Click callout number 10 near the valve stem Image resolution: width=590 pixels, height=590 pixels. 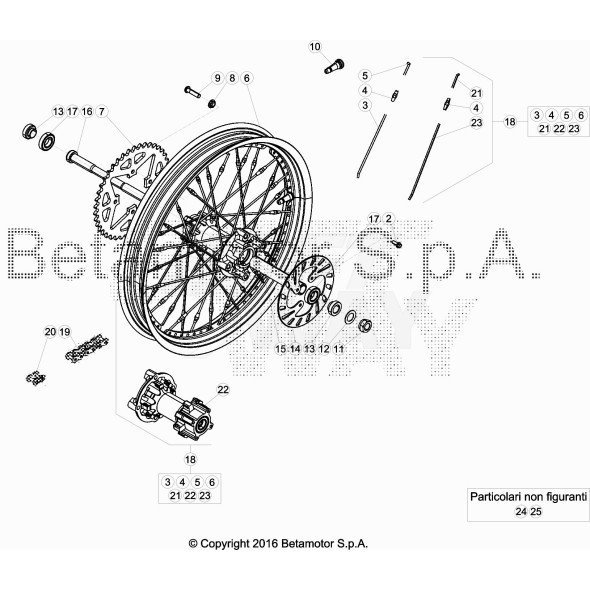[315, 47]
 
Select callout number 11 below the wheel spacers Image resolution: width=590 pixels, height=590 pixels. [339, 349]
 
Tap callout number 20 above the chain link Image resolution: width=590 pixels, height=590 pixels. [49, 331]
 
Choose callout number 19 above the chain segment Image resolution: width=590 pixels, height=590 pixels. [64, 331]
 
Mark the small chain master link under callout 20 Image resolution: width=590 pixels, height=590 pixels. [37, 378]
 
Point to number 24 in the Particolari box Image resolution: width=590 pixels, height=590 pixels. [520, 511]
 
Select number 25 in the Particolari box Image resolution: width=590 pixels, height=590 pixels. [535, 511]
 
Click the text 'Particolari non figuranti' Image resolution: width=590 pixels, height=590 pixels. [527, 495]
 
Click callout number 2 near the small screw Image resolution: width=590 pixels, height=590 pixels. [389, 218]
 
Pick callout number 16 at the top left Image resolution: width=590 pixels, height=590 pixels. [87, 111]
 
